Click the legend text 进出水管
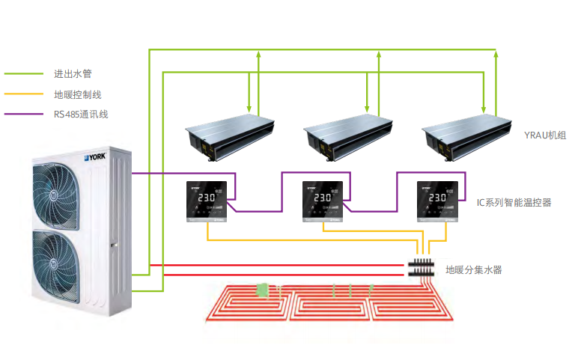[x=73, y=74]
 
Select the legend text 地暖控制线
[x=77, y=94]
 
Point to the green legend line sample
[x=23, y=74]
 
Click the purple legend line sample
[x=23, y=115]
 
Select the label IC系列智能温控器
[x=514, y=202]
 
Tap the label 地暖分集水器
[x=474, y=269]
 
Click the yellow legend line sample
[x=23, y=94]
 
